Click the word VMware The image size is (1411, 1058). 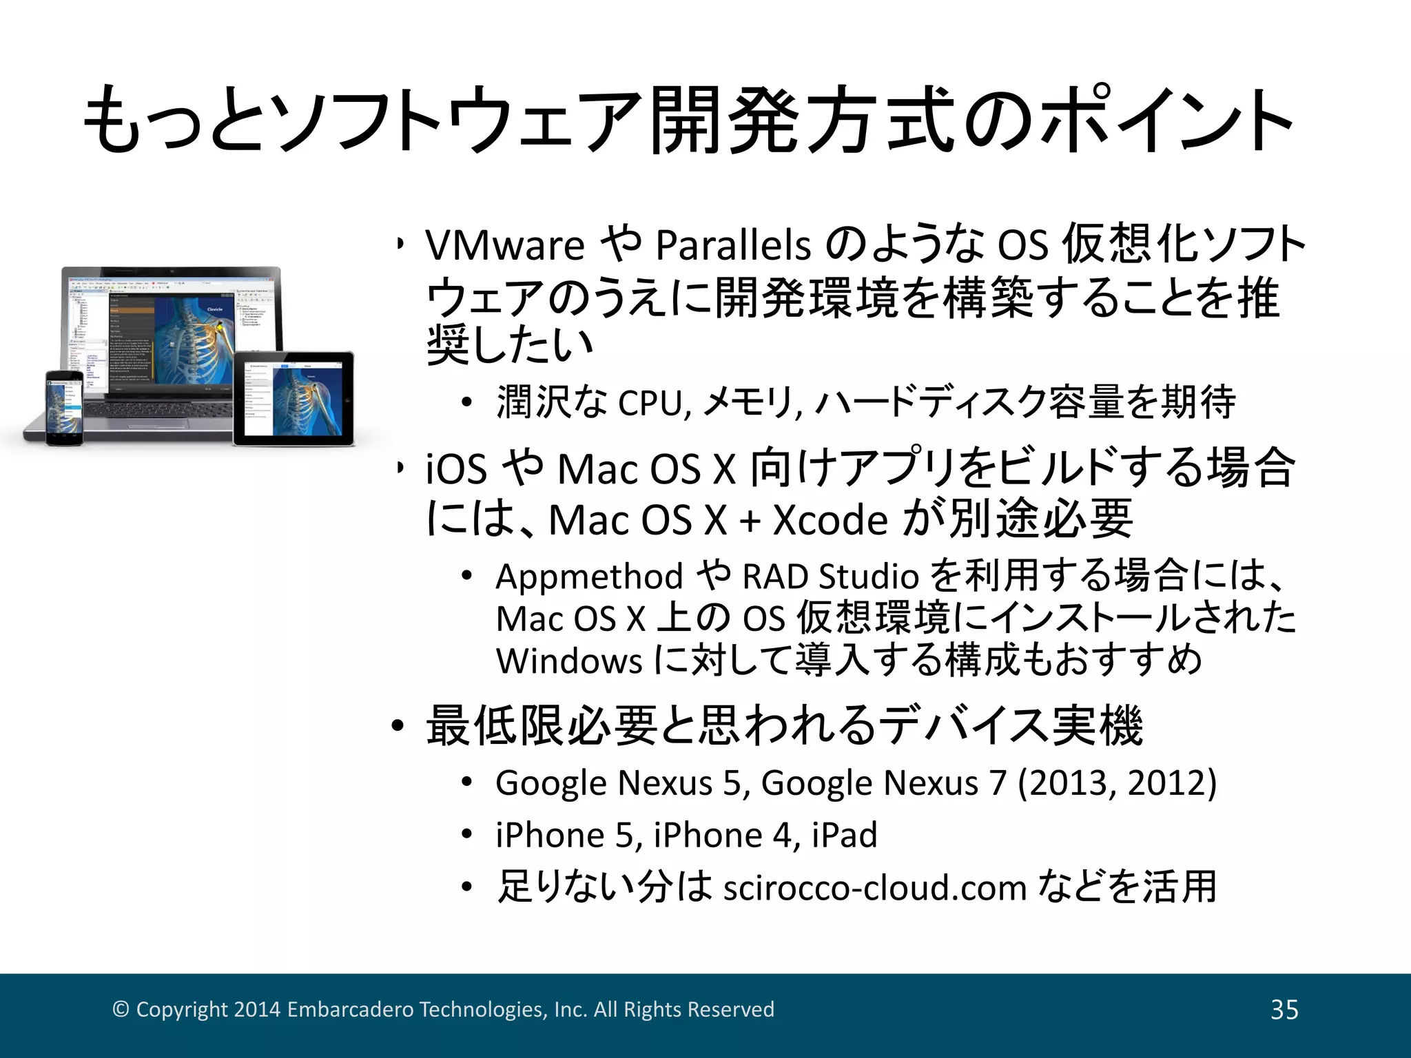[x=505, y=246]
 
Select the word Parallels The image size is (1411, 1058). [x=733, y=246]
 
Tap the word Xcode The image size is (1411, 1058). [x=830, y=520]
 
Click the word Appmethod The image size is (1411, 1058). [x=589, y=577]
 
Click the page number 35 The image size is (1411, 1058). [x=1284, y=1010]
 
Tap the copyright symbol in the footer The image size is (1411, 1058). [x=121, y=1009]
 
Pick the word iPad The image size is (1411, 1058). [x=845, y=836]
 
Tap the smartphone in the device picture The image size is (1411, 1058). [x=65, y=408]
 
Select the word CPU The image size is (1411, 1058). [x=652, y=403]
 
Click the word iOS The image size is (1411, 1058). [x=456, y=470]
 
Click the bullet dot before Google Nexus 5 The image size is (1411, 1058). [x=467, y=783]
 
